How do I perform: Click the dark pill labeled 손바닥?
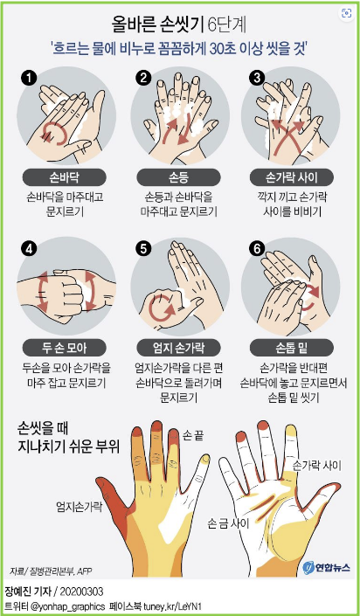[x=65, y=177]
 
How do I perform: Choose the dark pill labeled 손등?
[x=178, y=177]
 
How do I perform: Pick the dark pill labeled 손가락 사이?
[x=292, y=177]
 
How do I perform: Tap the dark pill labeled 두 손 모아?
[x=65, y=347]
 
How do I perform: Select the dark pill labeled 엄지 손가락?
[x=178, y=347]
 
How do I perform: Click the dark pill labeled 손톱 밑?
[x=292, y=347]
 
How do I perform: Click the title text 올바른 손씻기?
[x=156, y=26]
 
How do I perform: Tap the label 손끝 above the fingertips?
[x=193, y=435]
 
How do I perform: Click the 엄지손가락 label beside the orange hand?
[x=78, y=506]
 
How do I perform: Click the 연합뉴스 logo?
[x=326, y=567]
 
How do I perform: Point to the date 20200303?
[x=83, y=592]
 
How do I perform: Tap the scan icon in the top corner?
[x=347, y=13]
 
